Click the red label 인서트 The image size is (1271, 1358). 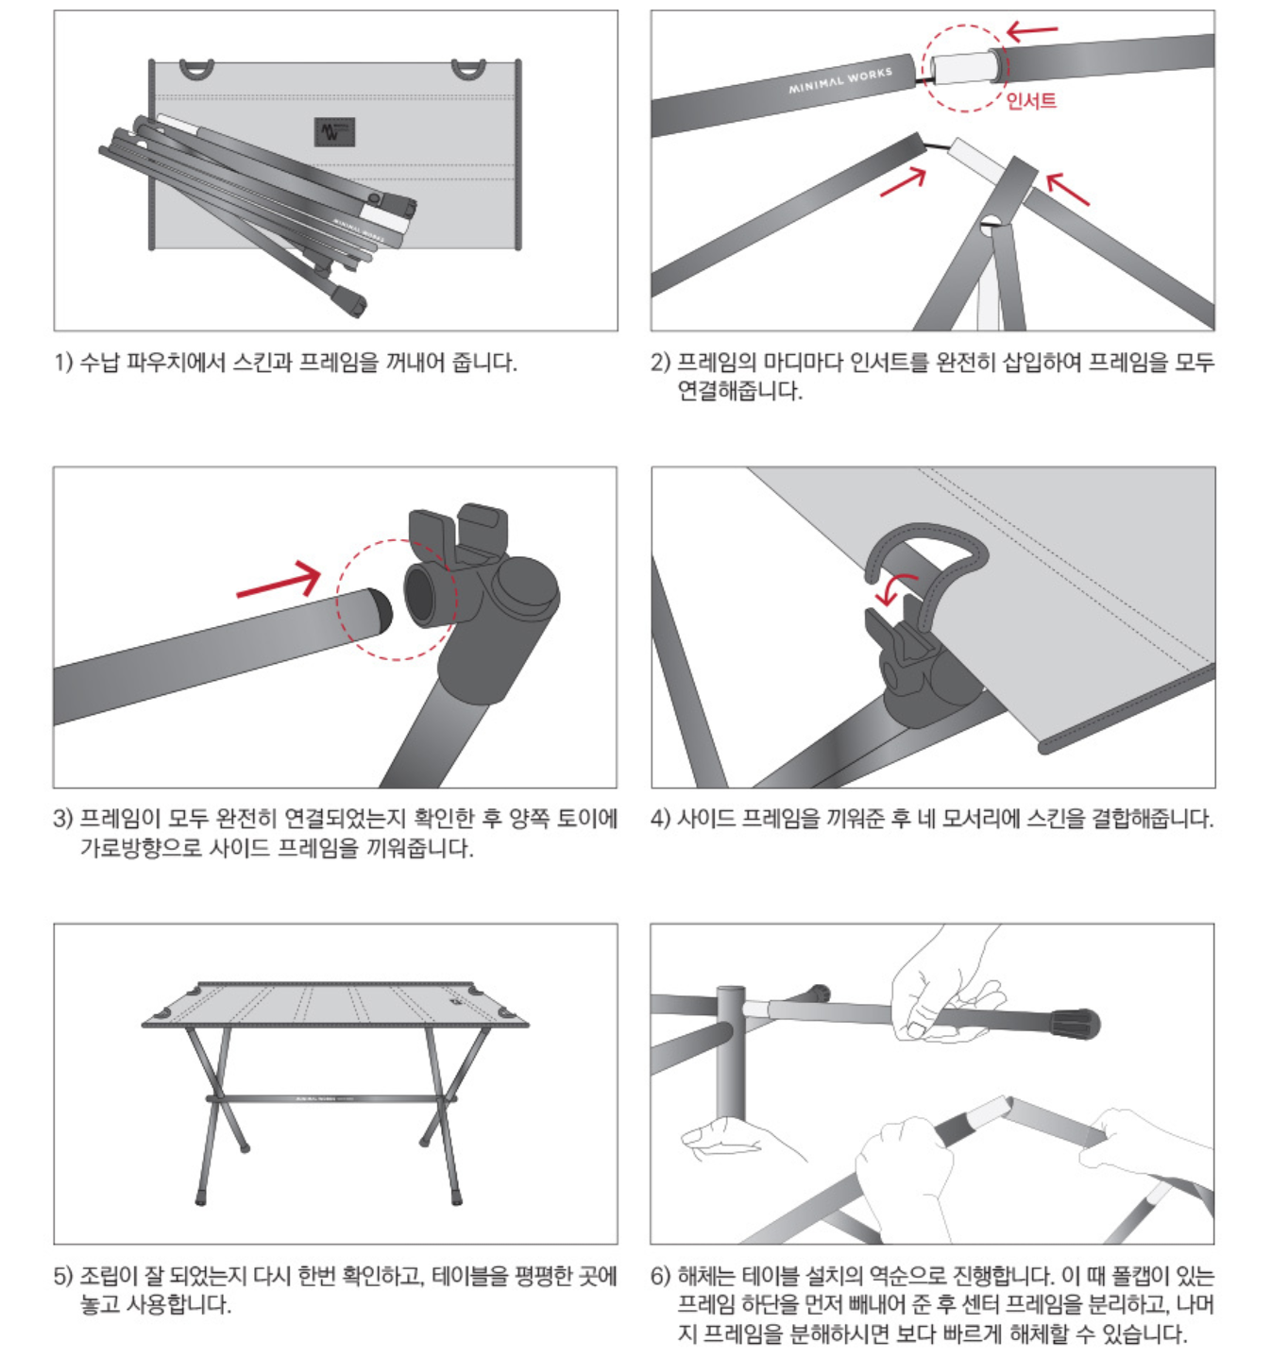pyautogui.click(x=1031, y=100)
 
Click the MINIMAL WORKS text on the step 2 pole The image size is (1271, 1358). pyautogui.click(x=840, y=80)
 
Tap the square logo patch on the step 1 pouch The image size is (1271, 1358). pyautogui.click(x=334, y=131)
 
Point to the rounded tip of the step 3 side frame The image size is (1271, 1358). pyautogui.click(x=381, y=610)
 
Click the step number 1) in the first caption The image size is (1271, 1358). pyautogui.click(x=63, y=362)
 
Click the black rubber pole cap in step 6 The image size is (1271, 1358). pyautogui.click(x=1074, y=1023)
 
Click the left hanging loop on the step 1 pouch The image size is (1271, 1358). pyautogui.click(x=196, y=69)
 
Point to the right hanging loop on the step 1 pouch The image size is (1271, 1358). pyautogui.click(x=468, y=69)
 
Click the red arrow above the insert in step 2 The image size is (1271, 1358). pyautogui.click(x=1032, y=31)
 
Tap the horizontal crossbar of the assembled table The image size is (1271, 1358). pyautogui.click(x=330, y=1099)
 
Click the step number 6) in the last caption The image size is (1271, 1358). pyautogui.click(x=660, y=1275)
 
